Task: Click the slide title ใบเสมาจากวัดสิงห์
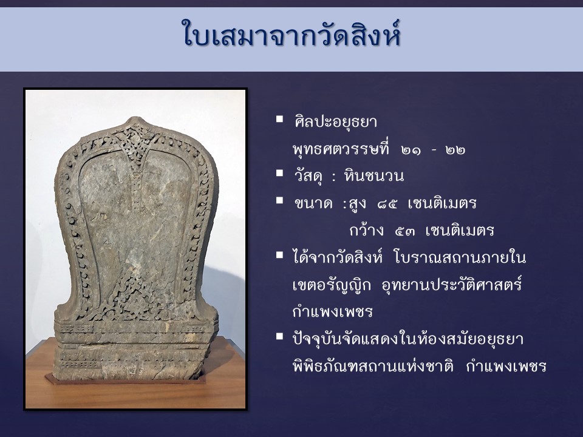291,34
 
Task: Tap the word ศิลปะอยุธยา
335,121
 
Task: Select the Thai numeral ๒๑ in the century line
411,150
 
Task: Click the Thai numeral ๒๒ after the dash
455,150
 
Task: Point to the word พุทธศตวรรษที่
341,149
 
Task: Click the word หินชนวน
373,176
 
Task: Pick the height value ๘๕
387,204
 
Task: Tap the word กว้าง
366,230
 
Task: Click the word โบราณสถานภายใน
460,257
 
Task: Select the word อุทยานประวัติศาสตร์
452,285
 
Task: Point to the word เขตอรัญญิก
332,285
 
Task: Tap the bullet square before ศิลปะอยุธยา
279,120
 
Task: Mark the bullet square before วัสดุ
279,173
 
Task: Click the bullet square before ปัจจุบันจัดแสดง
279,336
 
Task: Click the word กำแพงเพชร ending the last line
506,367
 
